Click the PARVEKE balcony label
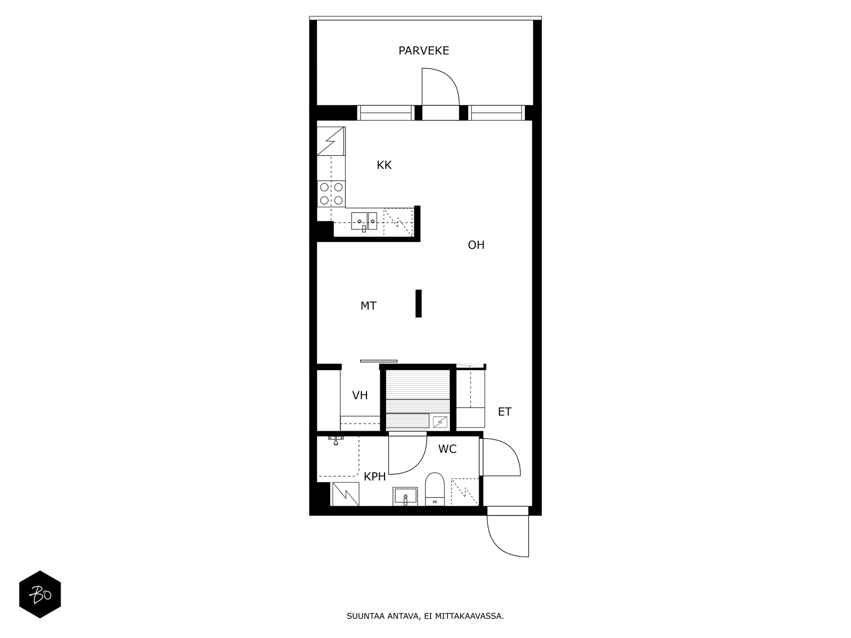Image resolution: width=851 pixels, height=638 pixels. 424,51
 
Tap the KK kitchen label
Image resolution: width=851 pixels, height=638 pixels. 384,165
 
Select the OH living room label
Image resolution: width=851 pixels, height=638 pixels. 476,245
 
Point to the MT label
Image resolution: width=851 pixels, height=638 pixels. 368,306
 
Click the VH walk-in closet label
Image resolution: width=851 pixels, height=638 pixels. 360,396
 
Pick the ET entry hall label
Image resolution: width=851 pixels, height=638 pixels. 505,412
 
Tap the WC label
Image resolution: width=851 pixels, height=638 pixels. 447,449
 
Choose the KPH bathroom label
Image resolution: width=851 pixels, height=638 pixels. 374,477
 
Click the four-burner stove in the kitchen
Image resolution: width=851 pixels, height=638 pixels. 331,194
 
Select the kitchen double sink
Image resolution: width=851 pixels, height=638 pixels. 364,221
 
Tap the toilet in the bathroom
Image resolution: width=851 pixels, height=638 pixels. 435,489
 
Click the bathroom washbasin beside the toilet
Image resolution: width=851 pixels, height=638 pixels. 405,497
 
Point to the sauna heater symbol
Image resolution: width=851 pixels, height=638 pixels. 440,422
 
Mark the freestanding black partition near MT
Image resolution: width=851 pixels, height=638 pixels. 419,303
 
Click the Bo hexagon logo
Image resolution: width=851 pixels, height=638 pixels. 40,594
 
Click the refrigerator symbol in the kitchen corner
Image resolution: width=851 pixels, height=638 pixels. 331,141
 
